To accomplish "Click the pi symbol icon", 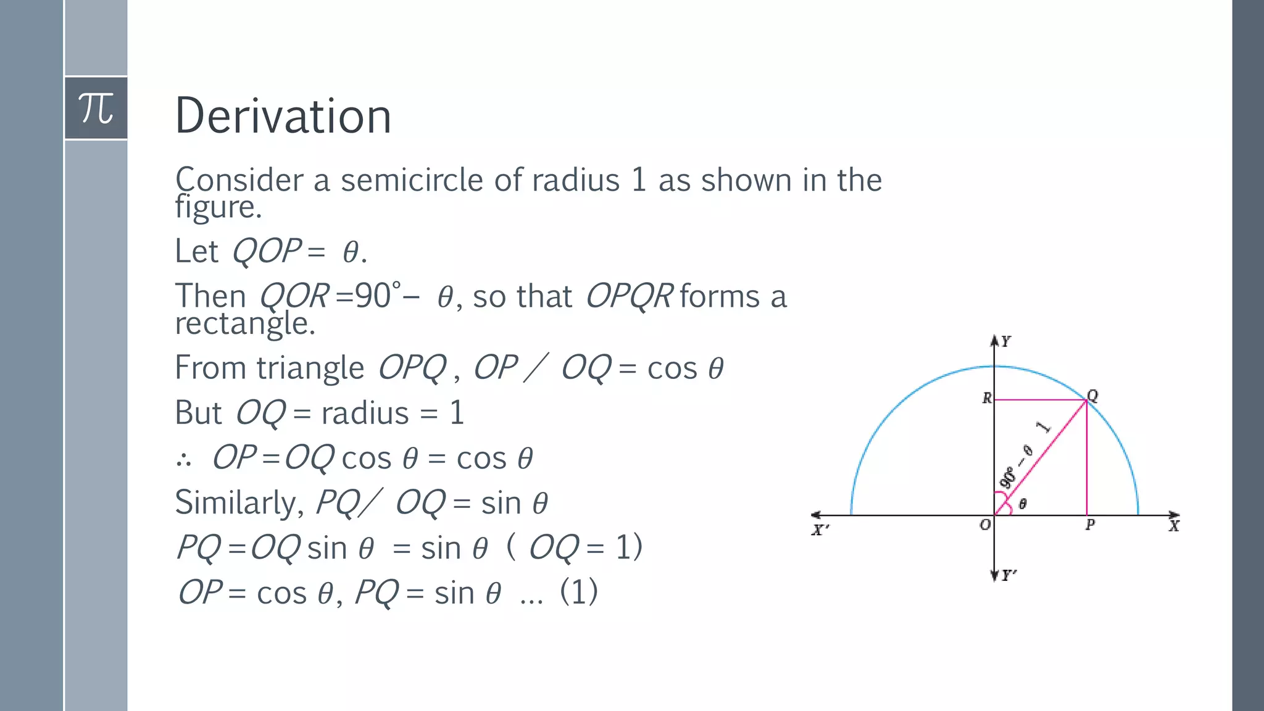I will pyautogui.click(x=96, y=108).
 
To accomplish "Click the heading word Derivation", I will pyautogui.click(x=283, y=116).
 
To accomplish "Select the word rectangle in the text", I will pyautogui.click(x=245, y=323).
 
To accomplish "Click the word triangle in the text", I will pyautogui.click(x=310, y=368).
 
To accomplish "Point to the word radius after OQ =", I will pyautogui.click(x=365, y=413).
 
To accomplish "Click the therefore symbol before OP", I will pyautogui.click(x=183, y=459).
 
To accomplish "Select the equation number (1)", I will pyautogui.click(x=578, y=592).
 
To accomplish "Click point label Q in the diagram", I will pyautogui.click(x=1092, y=396).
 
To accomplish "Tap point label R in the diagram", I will pyautogui.click(x=987, y=398).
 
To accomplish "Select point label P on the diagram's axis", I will pyautogui.click(x=1090, y=525).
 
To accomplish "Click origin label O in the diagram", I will pyautogui.click(x=985, y=525).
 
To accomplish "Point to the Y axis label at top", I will pyautogui.click(x=1006, y=341).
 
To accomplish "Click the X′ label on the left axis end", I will pyautogui.click(x=820, y=530).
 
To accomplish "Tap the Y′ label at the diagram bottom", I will pyautogui.click(x=1008, y=575).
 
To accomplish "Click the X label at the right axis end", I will pyautogui.click(x=1173, y=526).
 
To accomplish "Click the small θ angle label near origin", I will pyautogui.click(x=1023, y=504).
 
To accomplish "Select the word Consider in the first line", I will pyautogui.click(x=239, y=180).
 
